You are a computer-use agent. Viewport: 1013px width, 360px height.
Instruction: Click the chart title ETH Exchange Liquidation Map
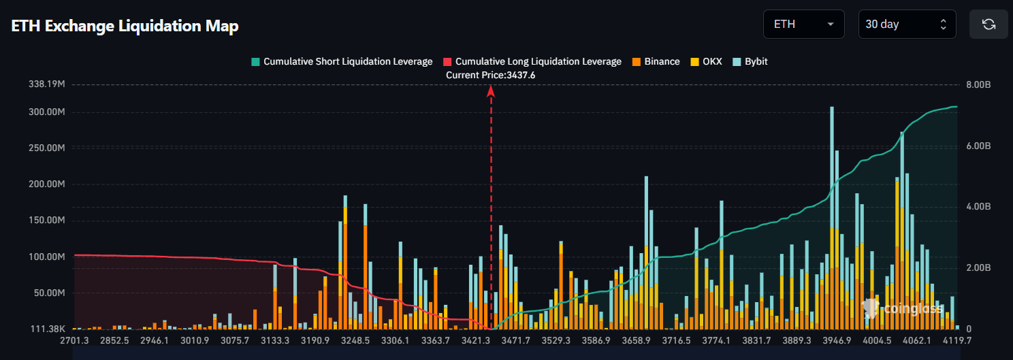click(x=125, y=26)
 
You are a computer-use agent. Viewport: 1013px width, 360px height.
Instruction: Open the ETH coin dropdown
click(x=803, y=24)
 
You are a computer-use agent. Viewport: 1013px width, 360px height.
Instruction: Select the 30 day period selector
click(x=907, y=24)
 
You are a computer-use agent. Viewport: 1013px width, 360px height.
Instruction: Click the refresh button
click(x=988, y=24)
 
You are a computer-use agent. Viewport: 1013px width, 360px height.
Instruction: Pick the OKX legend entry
click(x=706, y=61)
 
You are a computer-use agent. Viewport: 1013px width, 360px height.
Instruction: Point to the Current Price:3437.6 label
click(x=490, y=75)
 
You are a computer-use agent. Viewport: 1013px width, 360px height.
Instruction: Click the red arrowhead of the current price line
click(x=490, y=91)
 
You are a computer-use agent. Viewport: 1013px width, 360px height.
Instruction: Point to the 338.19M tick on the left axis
click(x=46, y=84)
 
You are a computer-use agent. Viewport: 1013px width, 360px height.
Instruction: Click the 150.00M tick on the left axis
click(x=46, y=220)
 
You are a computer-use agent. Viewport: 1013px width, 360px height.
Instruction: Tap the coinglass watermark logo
click(x=901, y=308)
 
